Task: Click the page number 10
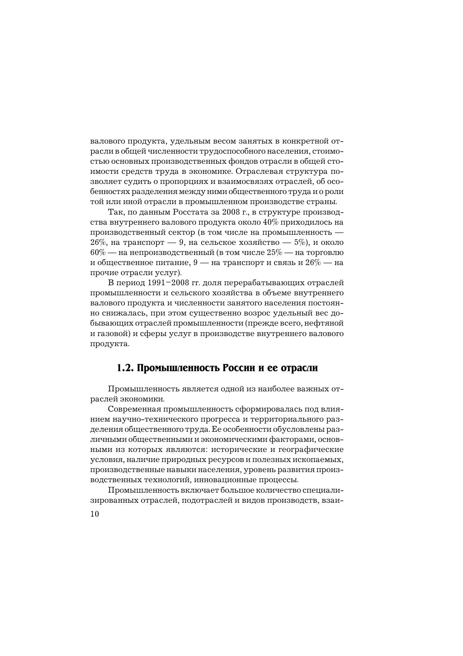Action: point(94,514)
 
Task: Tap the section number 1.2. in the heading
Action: point(125,368)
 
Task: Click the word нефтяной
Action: point(328,323)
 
